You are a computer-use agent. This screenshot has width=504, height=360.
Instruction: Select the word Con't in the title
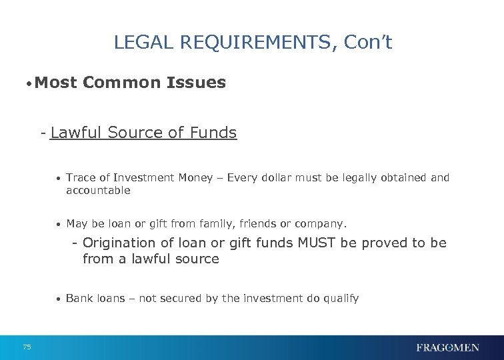point(368,43)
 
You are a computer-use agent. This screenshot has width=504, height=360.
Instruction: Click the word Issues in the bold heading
point(199,83)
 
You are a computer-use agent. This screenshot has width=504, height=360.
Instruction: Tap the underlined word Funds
point(213,133)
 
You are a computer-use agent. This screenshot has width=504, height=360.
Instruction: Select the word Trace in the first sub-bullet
point(81,178)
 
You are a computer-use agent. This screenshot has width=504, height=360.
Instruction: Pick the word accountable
point(98,191)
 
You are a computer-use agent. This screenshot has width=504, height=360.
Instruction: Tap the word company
point(325,224)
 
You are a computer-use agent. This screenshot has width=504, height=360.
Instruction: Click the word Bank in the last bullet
point(79,299)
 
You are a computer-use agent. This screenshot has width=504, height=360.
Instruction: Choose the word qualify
point(341,299)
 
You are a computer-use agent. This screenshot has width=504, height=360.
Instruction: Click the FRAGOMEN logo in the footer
point(447,347)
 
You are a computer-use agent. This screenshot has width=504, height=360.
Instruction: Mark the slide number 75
point(27,347)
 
